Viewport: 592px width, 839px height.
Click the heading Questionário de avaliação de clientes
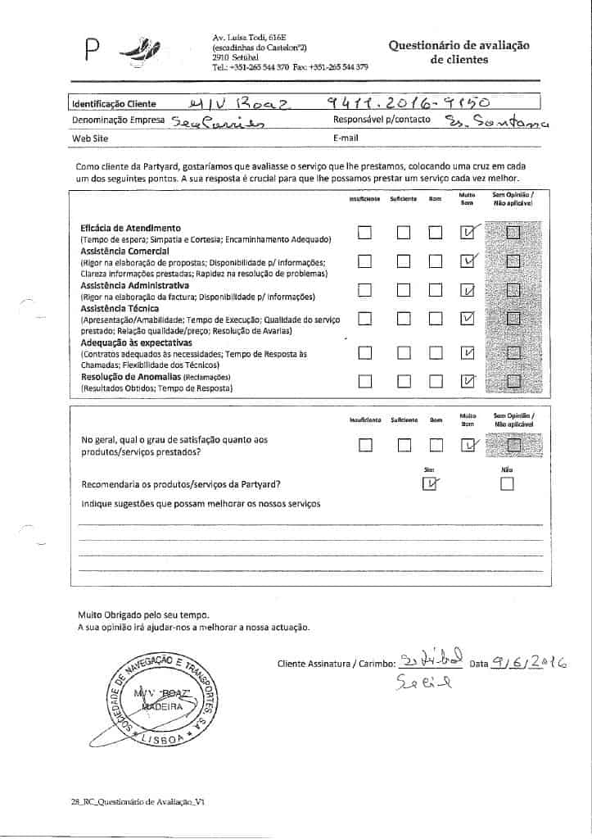pos(459,52)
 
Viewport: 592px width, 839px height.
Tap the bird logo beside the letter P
pos(135,53)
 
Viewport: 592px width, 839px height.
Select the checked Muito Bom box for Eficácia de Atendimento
pos(468,234)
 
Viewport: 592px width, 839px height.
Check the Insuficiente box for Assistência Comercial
pos(365,261)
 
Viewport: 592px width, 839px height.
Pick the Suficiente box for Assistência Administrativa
pos(403,290)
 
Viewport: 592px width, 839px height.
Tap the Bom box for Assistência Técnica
pos(436,318)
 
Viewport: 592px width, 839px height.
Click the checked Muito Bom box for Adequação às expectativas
pos(468,353)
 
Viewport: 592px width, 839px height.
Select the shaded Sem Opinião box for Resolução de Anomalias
pos(513,381)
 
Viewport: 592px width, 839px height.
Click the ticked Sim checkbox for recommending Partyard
pos(429,484)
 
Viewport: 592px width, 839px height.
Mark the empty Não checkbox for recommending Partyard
pos(507,484)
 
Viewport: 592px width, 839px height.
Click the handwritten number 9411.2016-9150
pos(408,102)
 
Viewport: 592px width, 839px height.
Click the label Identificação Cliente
pos(113,105)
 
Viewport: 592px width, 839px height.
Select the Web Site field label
pos(90,138)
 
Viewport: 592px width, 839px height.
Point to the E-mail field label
pos(346,138)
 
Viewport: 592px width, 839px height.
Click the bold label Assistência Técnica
pos(115,308)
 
